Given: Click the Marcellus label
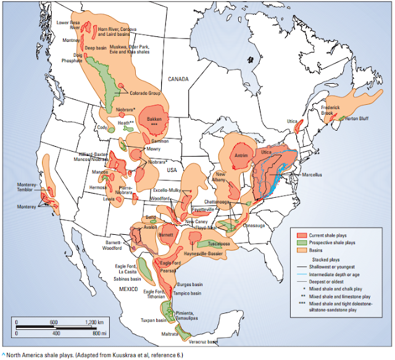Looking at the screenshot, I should tap(312, 174).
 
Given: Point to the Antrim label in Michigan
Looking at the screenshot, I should tap(241, 156).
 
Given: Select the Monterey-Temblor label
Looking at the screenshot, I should tap(28, 186).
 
